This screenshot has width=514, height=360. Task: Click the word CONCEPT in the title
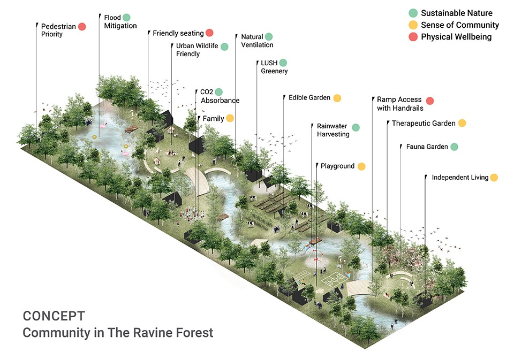54,316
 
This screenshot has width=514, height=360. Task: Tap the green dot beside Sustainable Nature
413,13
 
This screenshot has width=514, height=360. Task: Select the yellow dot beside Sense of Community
413,25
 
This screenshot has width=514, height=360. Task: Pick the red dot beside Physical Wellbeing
413,37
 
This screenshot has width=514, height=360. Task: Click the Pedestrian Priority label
58,30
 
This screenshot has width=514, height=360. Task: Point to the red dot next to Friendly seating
209,33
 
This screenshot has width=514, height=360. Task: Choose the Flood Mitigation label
120,21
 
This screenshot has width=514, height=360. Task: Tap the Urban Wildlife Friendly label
197,50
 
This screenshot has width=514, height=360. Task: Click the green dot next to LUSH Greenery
283,63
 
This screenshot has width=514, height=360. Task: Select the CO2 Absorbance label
220,96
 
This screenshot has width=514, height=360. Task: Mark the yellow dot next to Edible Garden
337,98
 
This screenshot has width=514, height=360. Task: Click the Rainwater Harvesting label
333,130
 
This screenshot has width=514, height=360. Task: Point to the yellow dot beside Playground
361,166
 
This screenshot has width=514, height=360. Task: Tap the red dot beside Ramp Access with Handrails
430,101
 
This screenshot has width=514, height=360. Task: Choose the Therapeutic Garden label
424,123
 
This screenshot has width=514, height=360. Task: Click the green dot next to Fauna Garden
454,147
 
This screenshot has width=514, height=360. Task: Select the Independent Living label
460,178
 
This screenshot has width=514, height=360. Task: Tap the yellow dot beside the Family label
230,118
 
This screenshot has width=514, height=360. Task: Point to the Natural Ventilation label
257,41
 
